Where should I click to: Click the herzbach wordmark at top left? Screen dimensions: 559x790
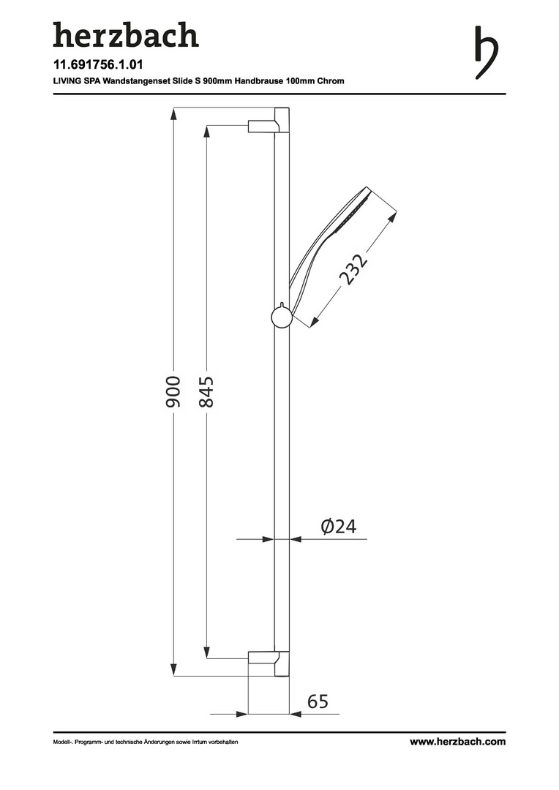[126, 35]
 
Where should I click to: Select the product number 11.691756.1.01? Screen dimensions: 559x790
[98, 64]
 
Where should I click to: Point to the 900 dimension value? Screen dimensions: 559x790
[173, 391]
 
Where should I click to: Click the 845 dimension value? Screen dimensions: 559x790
[206, 391]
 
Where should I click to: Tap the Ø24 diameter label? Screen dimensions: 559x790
[338, 527]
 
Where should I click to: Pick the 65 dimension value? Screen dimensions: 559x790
[318, 701]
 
